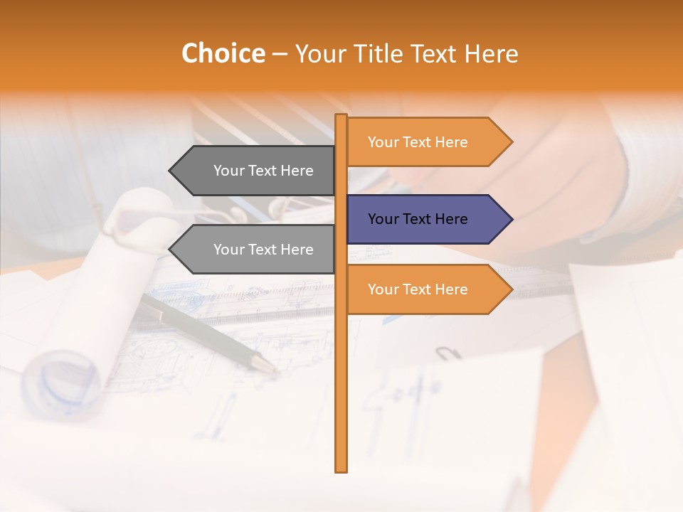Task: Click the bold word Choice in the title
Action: pos(223,54)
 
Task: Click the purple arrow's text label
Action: pos(418,219)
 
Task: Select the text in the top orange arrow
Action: pos(418,142)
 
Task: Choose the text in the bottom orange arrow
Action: pos(418,289)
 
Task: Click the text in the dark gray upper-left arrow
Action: pos(263,171)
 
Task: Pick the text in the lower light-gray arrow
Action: pos(263,250)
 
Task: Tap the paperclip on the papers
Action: pos(448,353)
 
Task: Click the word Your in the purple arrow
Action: pos(383,219)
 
